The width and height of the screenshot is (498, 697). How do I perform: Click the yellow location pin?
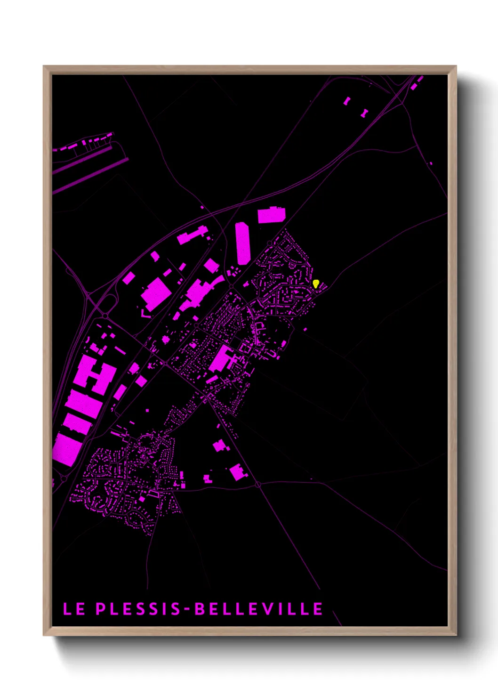[316, 284]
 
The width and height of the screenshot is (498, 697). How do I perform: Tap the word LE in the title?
[74, 609]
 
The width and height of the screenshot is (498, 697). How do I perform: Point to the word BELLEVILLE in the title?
[259, 609]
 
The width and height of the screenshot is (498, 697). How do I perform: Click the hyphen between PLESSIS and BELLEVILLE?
[188, 609]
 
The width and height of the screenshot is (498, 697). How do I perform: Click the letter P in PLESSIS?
[101, 609]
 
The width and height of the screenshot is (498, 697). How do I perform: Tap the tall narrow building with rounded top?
[242, 243]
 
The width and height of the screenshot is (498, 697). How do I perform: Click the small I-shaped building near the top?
[364, 113]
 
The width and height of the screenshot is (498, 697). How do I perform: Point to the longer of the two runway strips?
[89, 175]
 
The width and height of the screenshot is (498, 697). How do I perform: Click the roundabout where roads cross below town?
[258, 484]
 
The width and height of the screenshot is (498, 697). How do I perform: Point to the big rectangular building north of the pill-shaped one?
[272, 215]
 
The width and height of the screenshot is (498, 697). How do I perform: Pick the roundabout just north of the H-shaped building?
[105, 315]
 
